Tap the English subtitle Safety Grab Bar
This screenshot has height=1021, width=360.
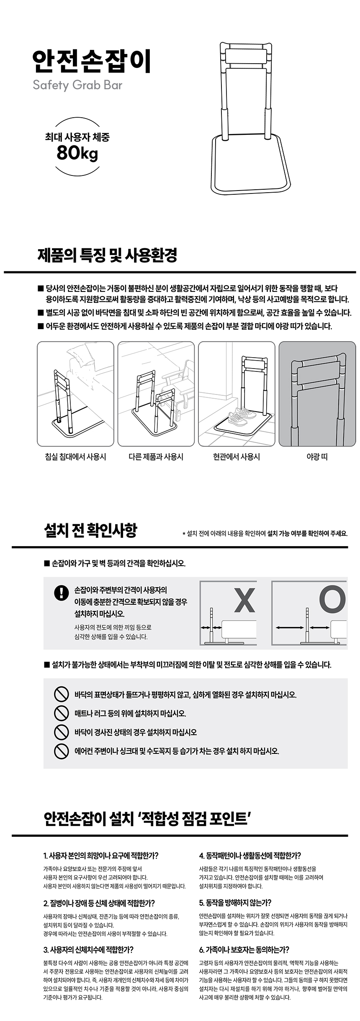(77, 86)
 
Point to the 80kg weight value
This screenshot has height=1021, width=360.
(77, 154)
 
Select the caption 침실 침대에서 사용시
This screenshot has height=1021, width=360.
(75, 456)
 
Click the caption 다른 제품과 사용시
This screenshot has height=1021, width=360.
(156, 456)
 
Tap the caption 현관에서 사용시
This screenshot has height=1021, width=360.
(237, 456)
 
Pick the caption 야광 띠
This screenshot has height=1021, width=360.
(317, 456)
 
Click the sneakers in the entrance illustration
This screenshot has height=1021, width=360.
(242, 416)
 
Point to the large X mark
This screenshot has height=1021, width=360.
(244, 600)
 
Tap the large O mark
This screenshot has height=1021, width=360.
(332, 599)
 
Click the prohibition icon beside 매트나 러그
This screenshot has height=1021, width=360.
(62, 713)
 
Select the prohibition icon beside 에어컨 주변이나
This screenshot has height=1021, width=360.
(62, 751)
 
